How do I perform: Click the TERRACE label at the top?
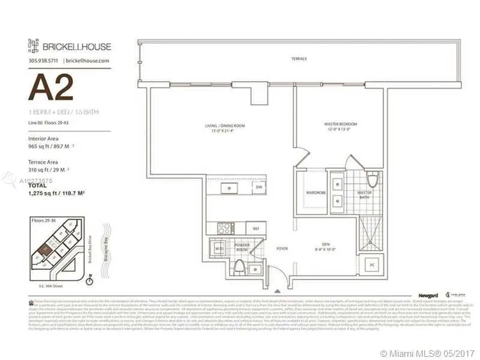pyautogui.click(x=298, y=59)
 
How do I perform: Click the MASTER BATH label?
pyautogui.click(x=365, y=194)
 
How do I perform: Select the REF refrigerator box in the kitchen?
pyautogui.click(x=256, y=228)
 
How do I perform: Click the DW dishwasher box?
pyautogui.click(x=259, y=187)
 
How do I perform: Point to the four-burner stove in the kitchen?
pyautogui.click(x=226, y=227)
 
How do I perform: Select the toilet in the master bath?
pyautogui.click(x=372, y=178)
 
